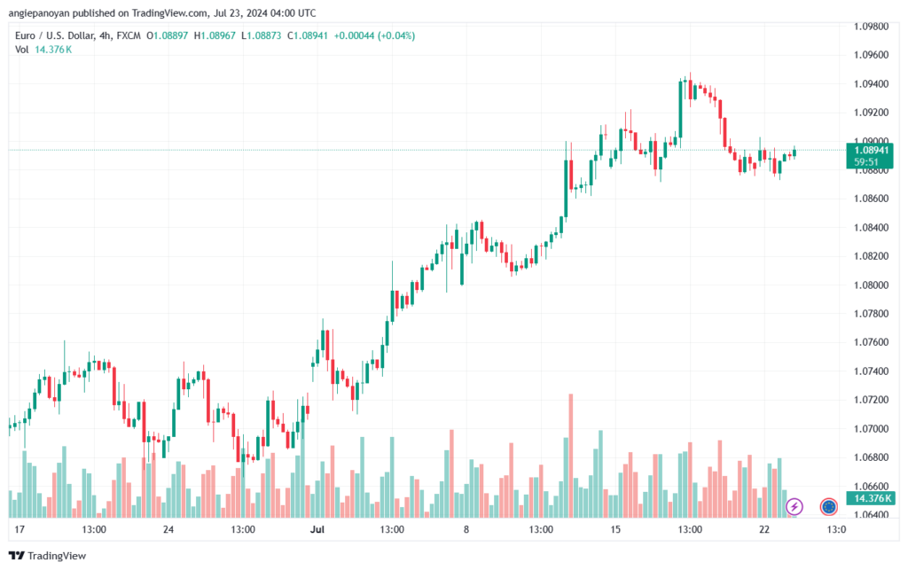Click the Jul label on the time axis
[x=317, y=529]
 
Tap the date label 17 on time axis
[x=20, y=529]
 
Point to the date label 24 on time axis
[x=168, y=529]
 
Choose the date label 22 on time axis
[x=764, y=529]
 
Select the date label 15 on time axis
[x=614, y=529]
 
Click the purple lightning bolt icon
[x=794, y=506]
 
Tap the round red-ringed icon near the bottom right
[x=829, y=506]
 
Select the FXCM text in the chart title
[x=129, y=35]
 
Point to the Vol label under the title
[x=21, y=50]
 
